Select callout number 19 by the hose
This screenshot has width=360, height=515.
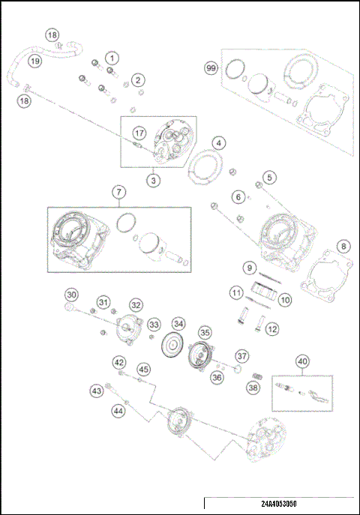[x=35, y=60]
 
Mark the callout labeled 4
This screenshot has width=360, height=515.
[x=217, y=142]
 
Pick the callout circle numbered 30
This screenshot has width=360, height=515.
[x=71, y=295]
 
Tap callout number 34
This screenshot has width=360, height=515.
[x=178, y=324]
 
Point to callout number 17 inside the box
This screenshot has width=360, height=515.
[x=138, y=133]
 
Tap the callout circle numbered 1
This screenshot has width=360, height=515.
[x=111, y=58]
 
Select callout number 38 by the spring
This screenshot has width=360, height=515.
[x=253, y=388]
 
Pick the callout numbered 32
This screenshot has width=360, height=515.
[x=135, y=305]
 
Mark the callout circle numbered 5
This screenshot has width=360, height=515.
[x=268, y=178]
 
